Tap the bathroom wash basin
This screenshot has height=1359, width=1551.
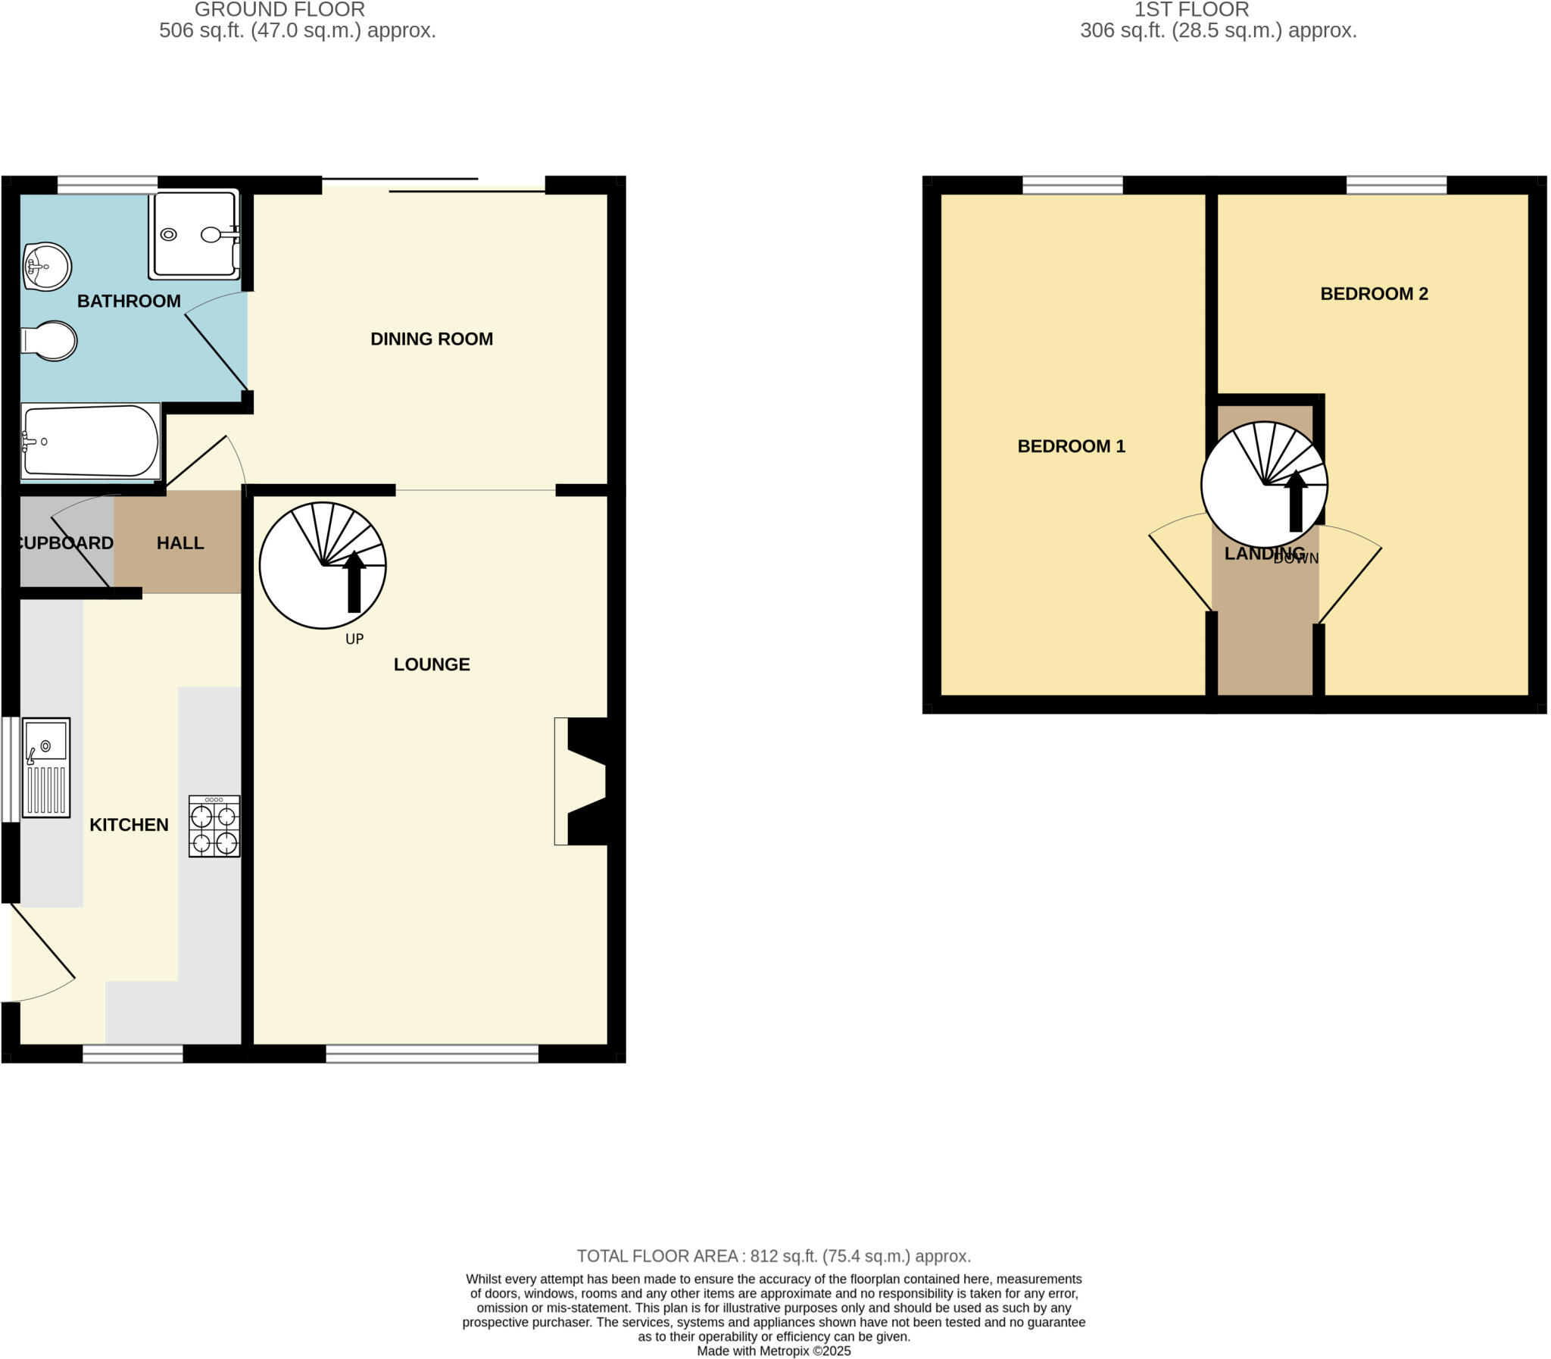pos(46,266)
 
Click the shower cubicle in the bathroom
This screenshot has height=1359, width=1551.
pos(194,233)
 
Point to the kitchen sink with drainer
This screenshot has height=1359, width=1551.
pos(46,767)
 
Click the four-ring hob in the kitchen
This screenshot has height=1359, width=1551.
pos(214,826)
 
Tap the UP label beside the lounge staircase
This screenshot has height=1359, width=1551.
pos(354,639)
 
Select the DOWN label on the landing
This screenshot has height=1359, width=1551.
pos(1297,559)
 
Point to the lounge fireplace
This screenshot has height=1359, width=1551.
pos(584,780)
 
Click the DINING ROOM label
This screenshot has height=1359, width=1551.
pos(432,339)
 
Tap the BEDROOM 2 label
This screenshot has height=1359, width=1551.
pos(1374,293)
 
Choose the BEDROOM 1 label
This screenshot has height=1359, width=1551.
pos(1070,446)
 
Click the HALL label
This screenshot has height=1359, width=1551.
pos(180,543)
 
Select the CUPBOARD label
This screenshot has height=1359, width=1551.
pos(65,543)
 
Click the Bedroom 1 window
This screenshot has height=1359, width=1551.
pos(1072,185)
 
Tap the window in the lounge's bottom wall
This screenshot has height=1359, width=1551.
pos(432,1054)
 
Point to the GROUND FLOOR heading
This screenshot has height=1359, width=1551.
pos(279,10)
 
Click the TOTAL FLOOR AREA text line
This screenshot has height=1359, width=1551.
pos(773,1256)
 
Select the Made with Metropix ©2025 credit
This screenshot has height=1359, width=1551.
pos(773,1351)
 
